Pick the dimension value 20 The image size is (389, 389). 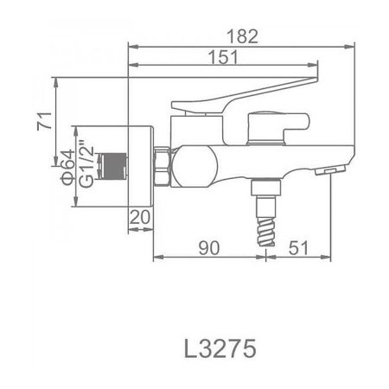[x=141, y=217]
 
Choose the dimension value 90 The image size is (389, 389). [x=207, y=248]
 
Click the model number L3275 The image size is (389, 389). [x=220, y=347]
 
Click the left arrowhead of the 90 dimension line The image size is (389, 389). [x=156, y=256]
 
